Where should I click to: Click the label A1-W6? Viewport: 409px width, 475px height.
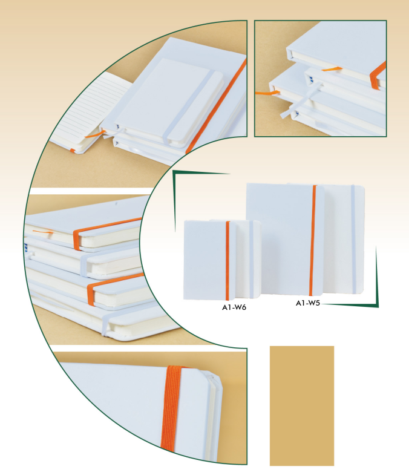point(234,307)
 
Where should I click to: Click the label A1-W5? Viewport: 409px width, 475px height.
point(308,303)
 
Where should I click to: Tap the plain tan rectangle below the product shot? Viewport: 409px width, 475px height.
point(302,405)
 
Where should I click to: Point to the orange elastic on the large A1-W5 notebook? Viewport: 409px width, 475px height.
point(313,240)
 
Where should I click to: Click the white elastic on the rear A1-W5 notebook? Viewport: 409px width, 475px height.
point(353,239)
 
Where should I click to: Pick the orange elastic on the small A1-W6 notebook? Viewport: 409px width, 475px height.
point(227,260)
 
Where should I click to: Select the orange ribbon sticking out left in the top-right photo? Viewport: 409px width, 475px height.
point(267,93)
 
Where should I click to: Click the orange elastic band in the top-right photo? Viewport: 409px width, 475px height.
point(378,76)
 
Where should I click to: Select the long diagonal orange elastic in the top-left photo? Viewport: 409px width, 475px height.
point(216,106)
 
